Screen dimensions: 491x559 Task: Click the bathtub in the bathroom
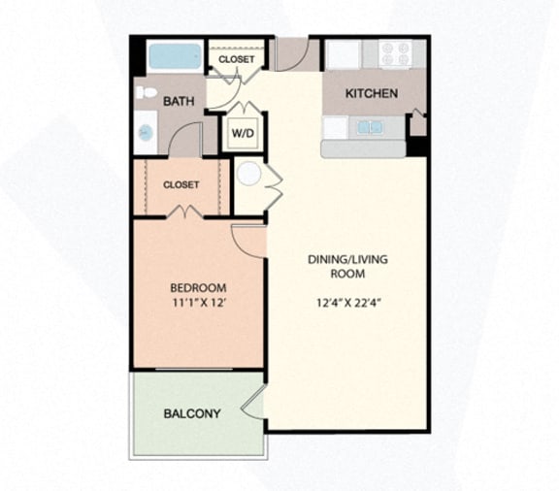(x=175, y=55)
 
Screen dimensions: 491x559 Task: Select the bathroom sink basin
(x=146, y=131)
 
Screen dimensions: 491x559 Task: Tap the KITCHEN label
(x=372, y=94)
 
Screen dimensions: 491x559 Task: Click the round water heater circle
(x=250, y=175)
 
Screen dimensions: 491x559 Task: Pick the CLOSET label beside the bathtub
(x=236, y=59)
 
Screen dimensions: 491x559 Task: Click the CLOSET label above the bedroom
(x=181, y=184)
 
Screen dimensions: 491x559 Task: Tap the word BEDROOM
(x=198, y=288)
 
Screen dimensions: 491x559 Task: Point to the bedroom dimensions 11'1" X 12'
(x=198, y=304)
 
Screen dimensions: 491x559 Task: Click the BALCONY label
(x=191, y=413)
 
